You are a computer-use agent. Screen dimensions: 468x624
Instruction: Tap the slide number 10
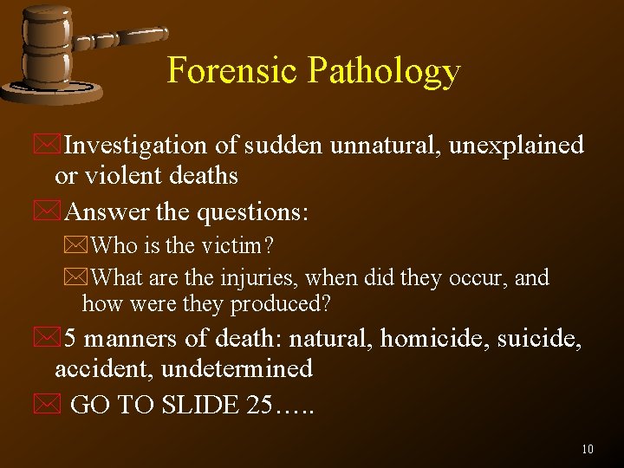pyautogui.click(x=588, y=449)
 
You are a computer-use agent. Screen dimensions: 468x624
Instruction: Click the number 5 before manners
pyautogui.click(x=73, y=339)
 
